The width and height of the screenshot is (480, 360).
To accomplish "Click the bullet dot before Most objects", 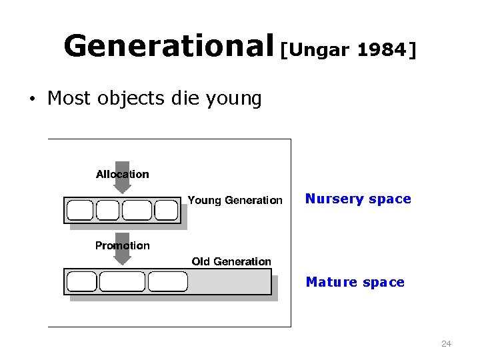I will (x=31, y=100).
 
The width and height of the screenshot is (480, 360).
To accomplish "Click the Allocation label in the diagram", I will (x=123, y=175).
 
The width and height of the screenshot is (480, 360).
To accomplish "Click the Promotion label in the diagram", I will (x=123, y=245).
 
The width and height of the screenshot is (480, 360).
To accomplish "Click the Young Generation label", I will (x=235, y=200).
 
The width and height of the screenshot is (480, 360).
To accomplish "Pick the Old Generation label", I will (x=231, y=261).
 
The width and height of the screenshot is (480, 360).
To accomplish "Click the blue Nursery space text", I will (x=358, y=199).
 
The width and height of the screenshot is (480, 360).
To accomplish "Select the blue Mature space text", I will (x=355, y=283).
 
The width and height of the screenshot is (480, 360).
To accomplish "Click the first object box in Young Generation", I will (x=81, y=211).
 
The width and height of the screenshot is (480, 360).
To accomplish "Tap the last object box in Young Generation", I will (x=167, y=211).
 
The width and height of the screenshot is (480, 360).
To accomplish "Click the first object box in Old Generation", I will (x=82, y=281).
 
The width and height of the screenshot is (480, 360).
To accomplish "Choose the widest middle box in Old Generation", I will (x=122, y=281).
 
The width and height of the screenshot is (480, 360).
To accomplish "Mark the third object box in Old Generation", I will (x=167, y=281).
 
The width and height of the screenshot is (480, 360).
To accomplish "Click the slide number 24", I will (x=446, y=344).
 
